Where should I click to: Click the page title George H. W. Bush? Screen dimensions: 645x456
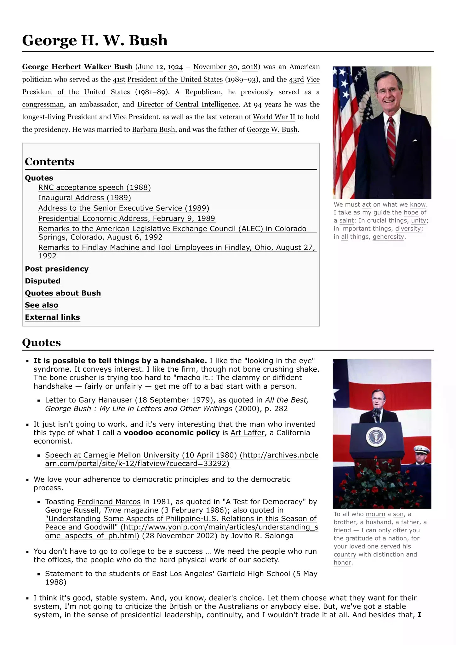pos(95,40)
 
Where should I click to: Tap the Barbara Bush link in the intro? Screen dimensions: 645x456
pos(153,129)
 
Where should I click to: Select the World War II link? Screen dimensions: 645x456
pos(274,117)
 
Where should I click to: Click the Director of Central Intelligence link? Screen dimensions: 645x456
pos(188,104)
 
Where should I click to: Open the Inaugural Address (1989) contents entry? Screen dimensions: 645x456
pos(84,198)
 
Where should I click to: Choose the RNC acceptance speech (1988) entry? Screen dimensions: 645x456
pos(94,187)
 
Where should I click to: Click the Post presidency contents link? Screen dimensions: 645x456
pos(57,269)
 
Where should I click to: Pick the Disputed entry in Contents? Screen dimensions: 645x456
pos(43,281)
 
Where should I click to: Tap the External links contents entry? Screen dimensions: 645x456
pos(52,317)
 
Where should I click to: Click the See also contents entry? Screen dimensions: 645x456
pos(42,305)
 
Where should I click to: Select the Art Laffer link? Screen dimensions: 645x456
pos(248,433)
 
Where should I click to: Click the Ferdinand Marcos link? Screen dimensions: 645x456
pos(109,502)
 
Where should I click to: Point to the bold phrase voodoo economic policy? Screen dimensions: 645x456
pos(171,433)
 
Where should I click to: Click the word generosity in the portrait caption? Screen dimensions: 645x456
pos(388,237)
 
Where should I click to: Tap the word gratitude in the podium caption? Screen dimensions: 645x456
pos(359,538)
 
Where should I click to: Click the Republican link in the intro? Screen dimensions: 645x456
pos(203,92)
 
